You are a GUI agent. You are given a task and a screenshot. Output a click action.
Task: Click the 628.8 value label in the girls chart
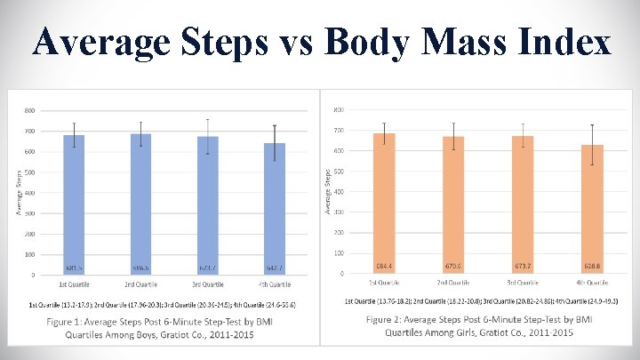click(592, 265)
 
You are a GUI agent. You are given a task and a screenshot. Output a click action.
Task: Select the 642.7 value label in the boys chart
click(275, 267)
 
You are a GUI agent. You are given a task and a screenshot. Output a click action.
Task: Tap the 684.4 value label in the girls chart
click(385, 265)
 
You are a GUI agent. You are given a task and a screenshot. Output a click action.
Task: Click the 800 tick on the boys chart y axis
click(29, 111)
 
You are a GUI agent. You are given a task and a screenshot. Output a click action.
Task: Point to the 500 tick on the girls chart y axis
click(339, 171)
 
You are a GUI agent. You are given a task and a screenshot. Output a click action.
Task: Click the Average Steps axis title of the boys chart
click(19, 193)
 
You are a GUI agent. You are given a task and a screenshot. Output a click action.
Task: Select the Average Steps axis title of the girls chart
click(327, 191)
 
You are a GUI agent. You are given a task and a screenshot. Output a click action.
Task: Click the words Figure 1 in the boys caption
click(71, 321)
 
